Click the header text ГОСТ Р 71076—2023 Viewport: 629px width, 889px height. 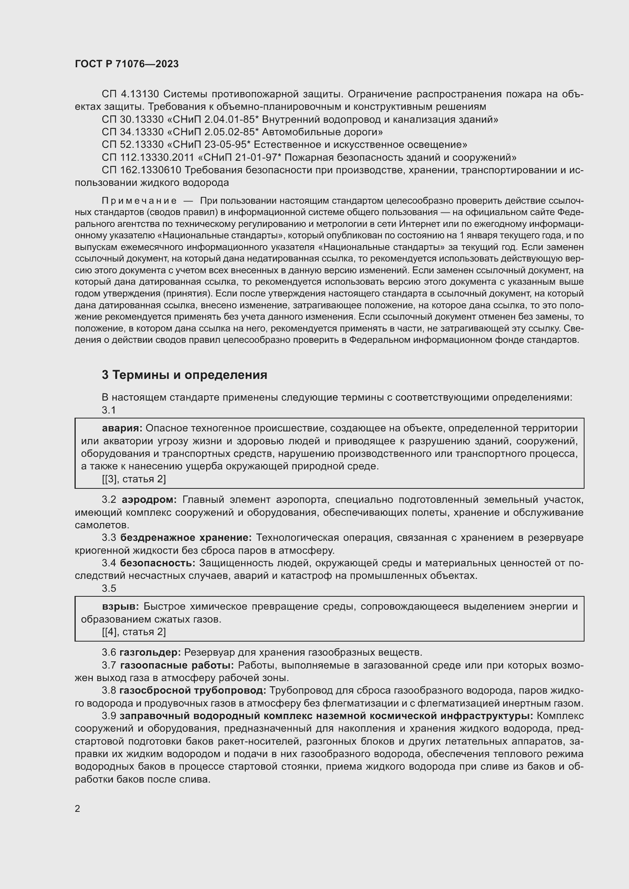(x=127, y=64)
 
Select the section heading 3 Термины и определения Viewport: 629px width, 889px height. (x=184, y=375)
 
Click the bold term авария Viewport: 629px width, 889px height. (x=122, y=428)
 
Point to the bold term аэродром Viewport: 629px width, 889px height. (x=149, y=500)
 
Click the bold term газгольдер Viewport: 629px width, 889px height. (x=150, y=653)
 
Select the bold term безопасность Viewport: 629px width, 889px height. (x=158, y=563)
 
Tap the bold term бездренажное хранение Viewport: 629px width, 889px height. (x=186, y=538)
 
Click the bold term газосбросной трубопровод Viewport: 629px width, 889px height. (x=192, y=690)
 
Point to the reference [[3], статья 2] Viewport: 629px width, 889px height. (x=133, y=479)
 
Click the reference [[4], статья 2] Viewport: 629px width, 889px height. (x=133, y=632)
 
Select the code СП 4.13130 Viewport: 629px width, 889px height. (x=130, y=94)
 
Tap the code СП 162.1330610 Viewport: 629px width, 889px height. (x=141, y=170)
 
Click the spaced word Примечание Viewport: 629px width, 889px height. (x=139, y=201)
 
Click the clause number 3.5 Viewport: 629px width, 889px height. (x=109, y=588)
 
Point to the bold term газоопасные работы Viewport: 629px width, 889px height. (x=177, y=665)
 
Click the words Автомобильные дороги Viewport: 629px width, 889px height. (x=322, y=132)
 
